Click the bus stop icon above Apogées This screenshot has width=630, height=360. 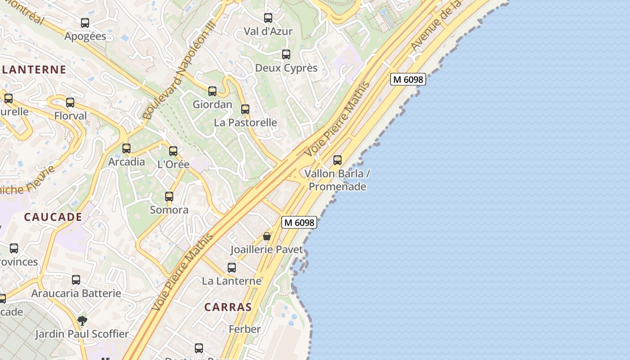point(85,23)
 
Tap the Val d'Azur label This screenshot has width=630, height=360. point(268,31)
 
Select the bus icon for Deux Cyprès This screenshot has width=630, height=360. point(286,54)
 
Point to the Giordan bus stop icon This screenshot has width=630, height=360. point(212,91)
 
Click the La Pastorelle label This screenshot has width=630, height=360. point(245,122)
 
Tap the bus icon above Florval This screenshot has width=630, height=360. point(70,103)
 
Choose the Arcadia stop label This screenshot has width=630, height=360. point(126,162)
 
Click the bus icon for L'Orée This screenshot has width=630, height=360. point(173,151)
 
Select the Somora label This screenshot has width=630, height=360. point(169,210)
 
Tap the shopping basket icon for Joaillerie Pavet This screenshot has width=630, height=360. point(267,236)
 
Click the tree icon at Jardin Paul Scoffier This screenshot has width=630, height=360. point(82,321)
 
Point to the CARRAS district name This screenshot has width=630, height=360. point(228,307)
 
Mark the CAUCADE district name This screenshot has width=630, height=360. point(53,217)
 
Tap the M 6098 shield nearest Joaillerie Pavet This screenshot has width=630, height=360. point(299,222)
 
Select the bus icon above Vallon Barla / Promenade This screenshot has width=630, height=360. point(337,160)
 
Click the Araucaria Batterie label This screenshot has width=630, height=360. point(76,293)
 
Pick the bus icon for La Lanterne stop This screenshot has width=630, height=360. point(232,268)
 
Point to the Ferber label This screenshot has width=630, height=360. point(245,329)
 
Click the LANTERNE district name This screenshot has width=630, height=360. point(34,70)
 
